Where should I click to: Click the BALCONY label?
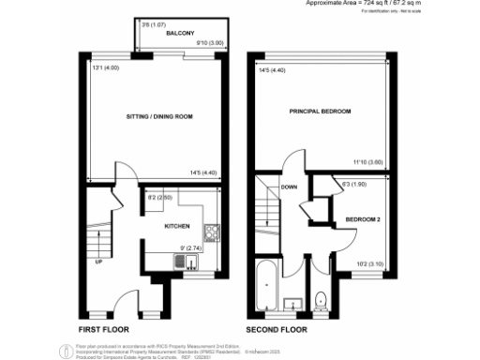pyautogui.click(x=179, y=34)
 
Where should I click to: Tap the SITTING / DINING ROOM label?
pyautogui.click(x=159, y=116)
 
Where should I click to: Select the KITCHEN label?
pyautogui.click(x=178, y=227)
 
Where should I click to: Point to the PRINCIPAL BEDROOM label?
pyautogui.click(x=320, y=112)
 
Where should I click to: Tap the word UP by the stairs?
pyautogui.click(x=99, y=262)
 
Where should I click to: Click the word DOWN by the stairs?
pyautogui.click(x=289, y=187)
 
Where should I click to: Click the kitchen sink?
pyautogui.click(x=177, y=261)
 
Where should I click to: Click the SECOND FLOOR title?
pyautogui.click(x=277, y=331)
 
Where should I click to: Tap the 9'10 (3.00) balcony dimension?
pyautogui.click(x=208, y=42)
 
